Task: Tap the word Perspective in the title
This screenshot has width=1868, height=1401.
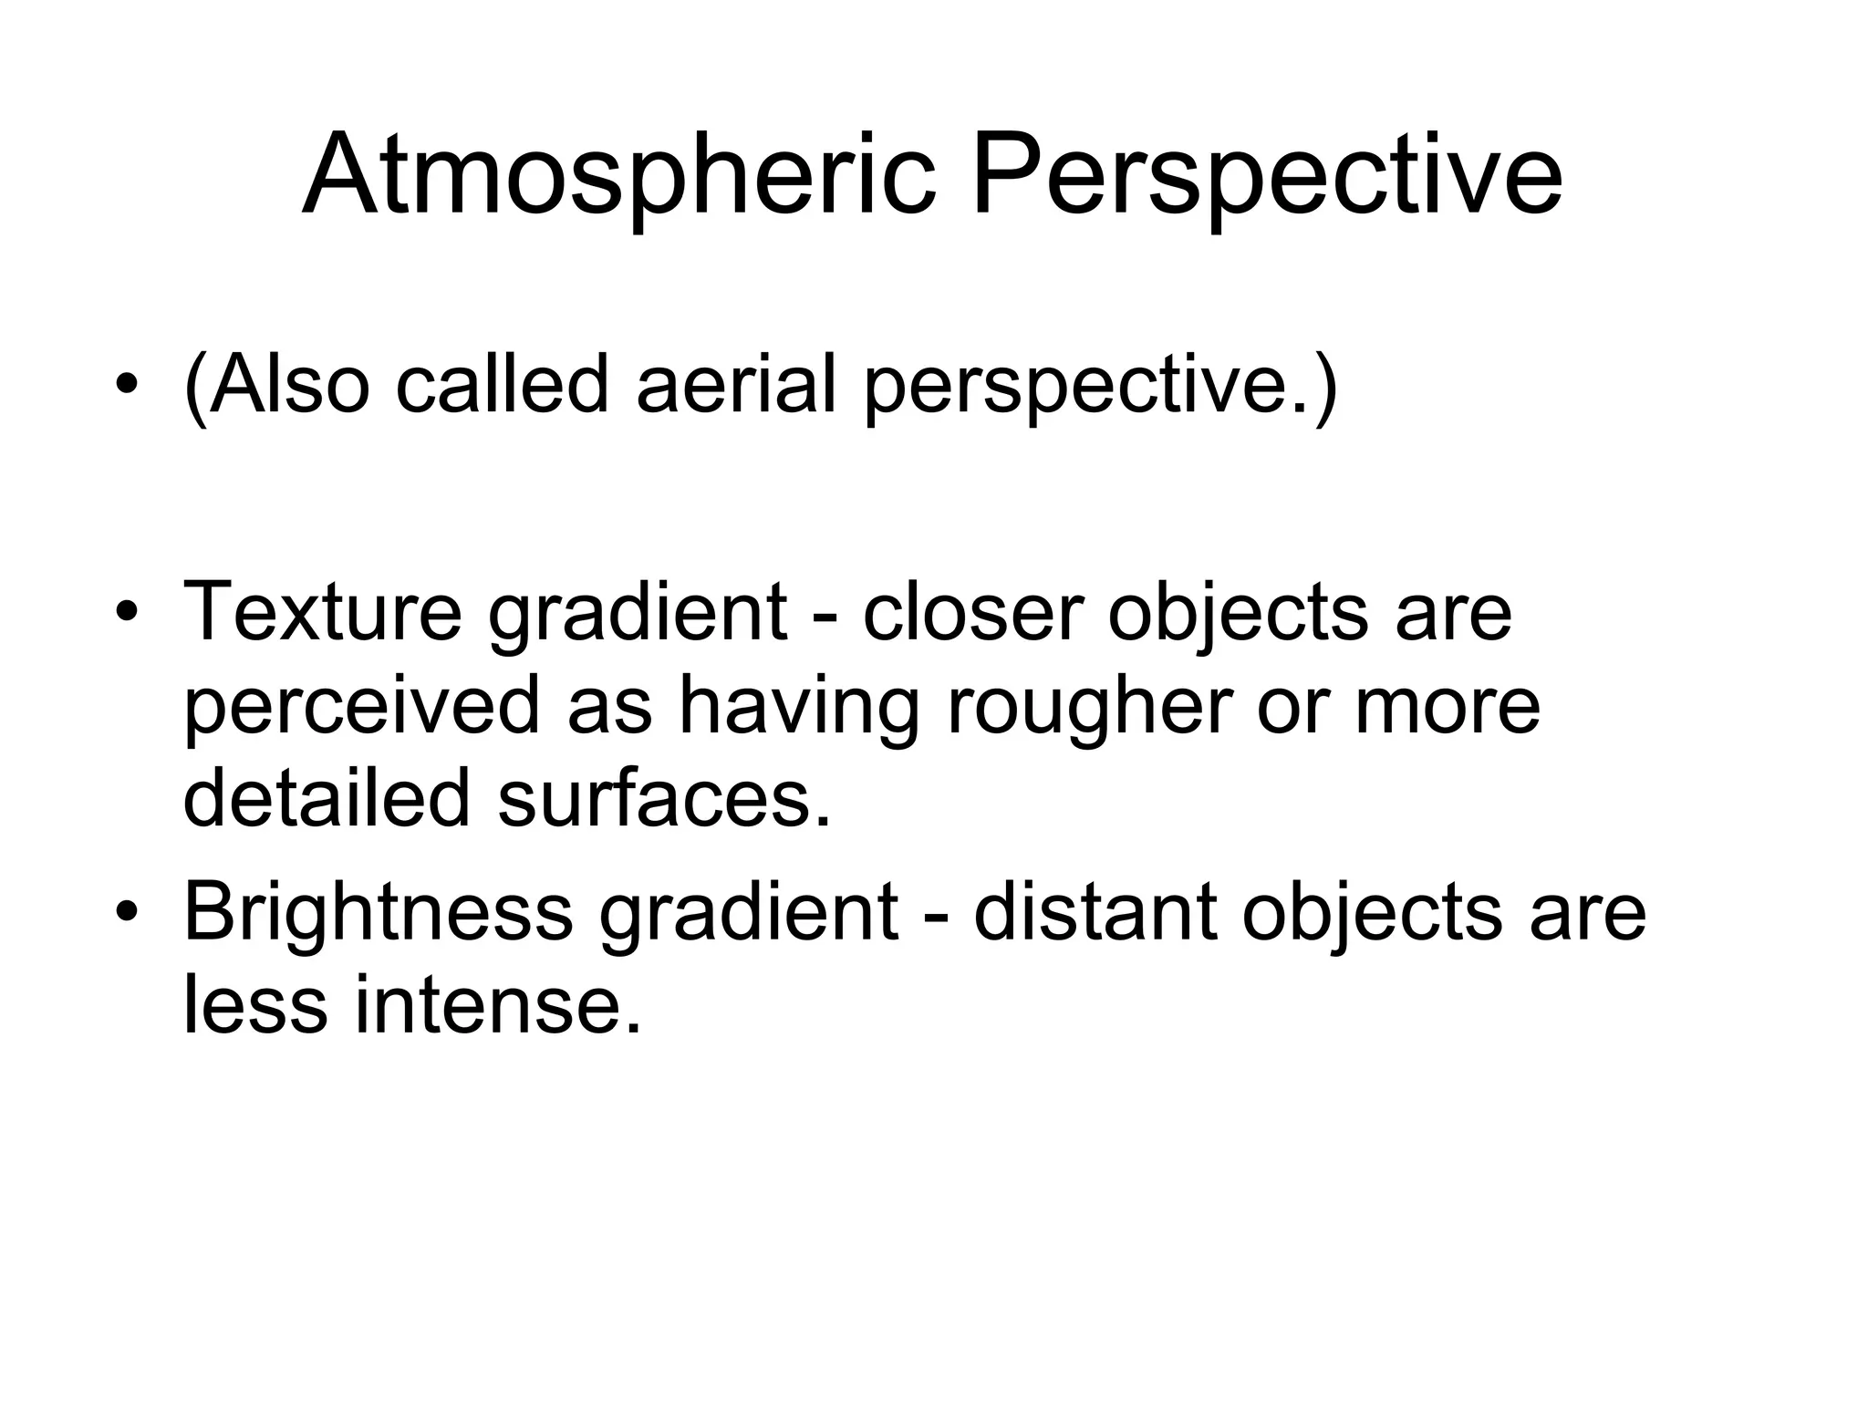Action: pyautogui.click(x=1267, y=175)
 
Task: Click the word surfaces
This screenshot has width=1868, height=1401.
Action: pyautogui.click(x=664, y=796)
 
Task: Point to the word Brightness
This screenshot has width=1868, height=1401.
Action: pyautogui.click(x=378, y=912)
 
